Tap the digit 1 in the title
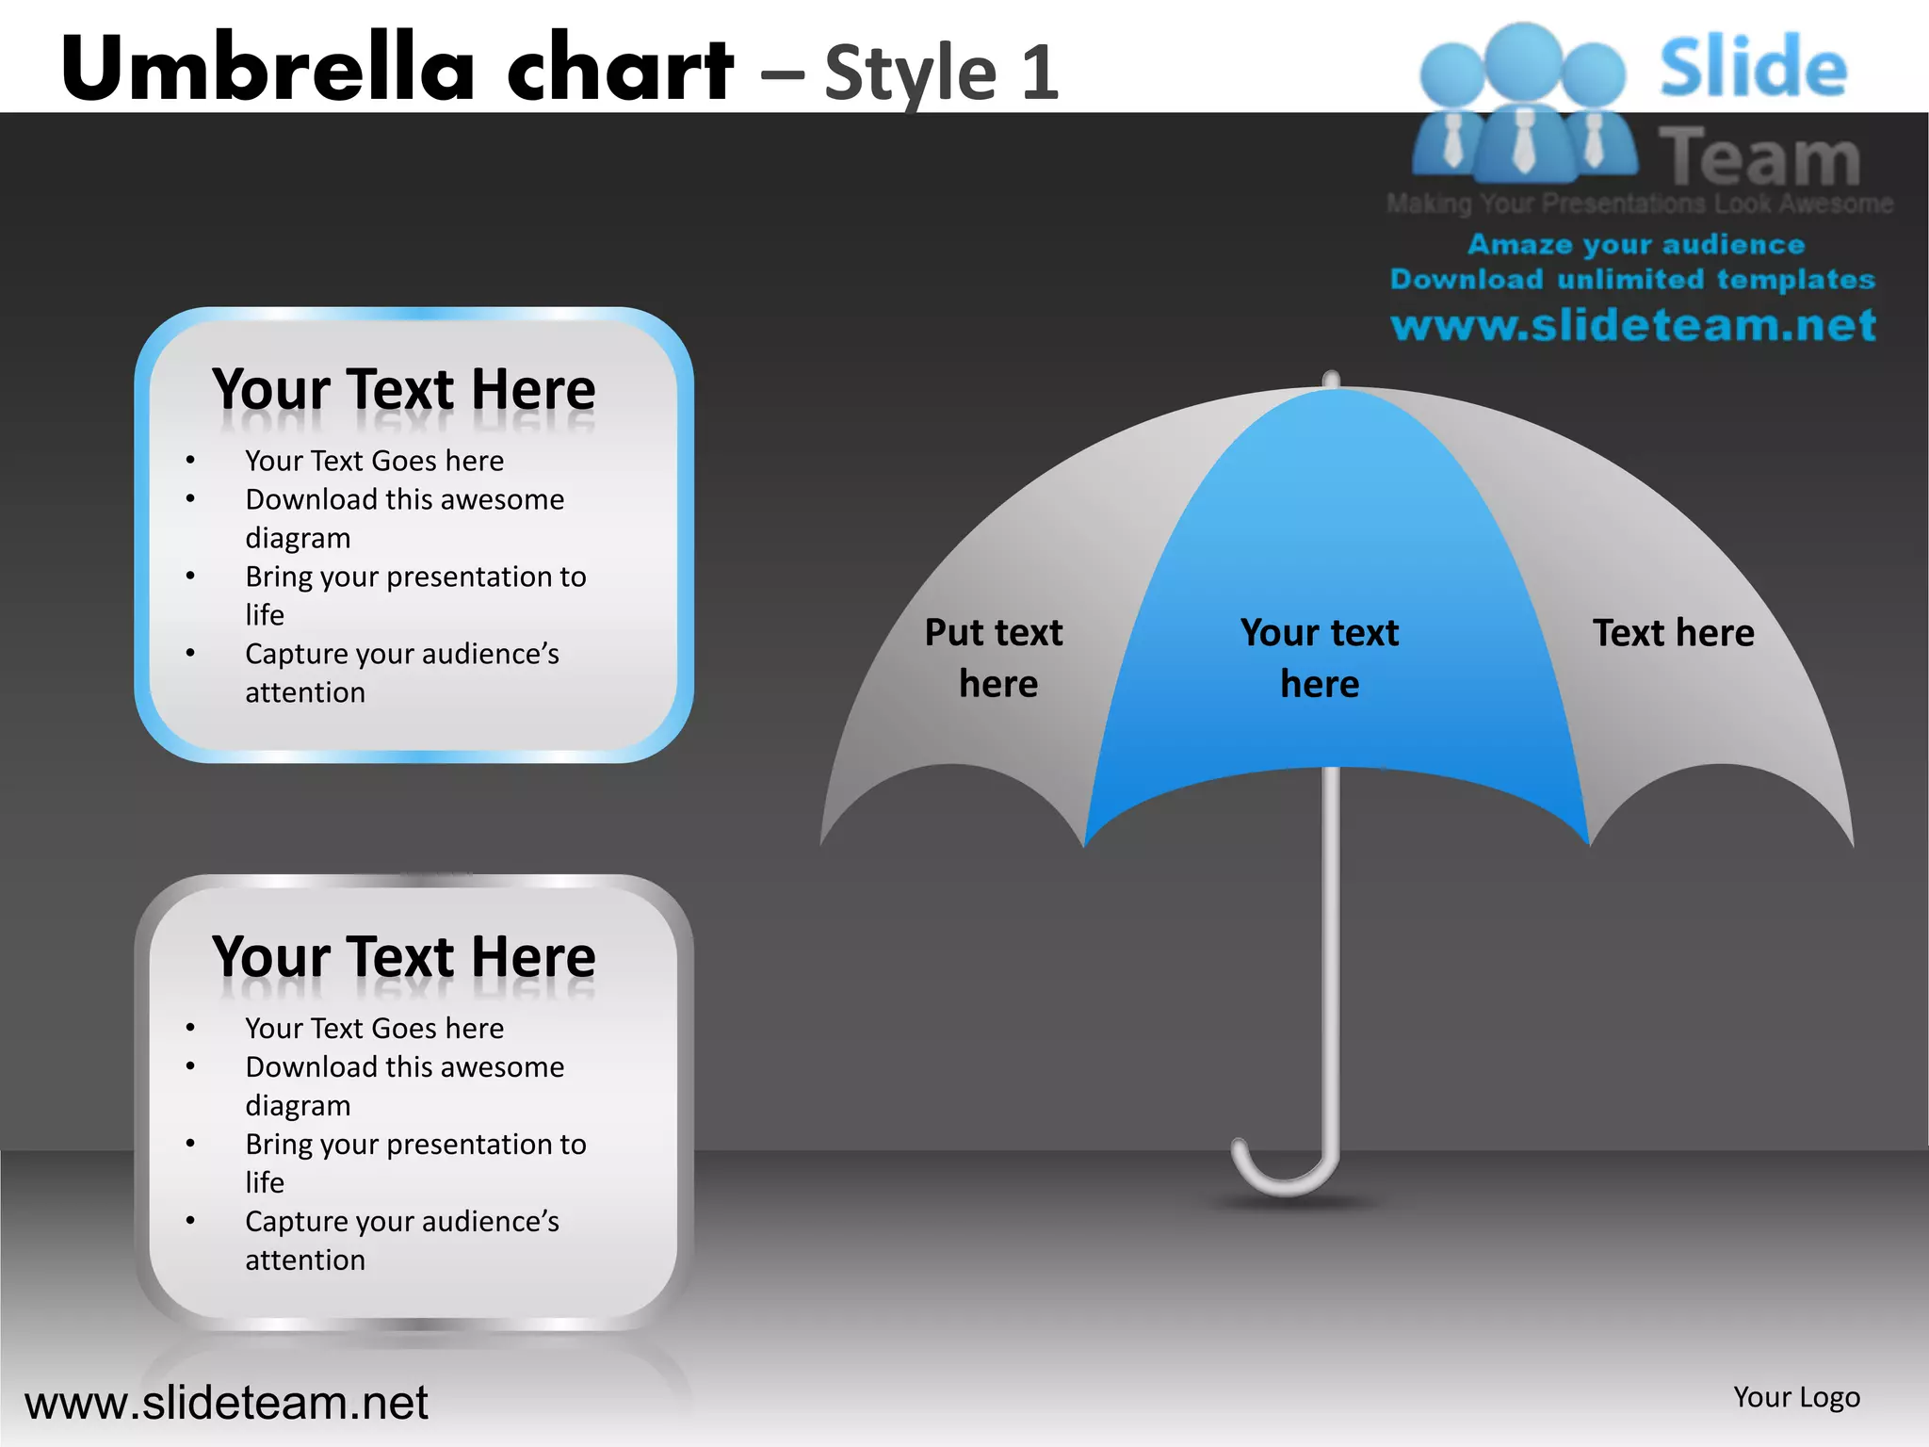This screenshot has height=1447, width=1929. coord(1039,73)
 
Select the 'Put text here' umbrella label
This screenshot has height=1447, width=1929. coord(995,658)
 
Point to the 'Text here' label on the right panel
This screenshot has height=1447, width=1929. coord(1673,633)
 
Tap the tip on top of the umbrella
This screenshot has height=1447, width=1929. coord(1331,379)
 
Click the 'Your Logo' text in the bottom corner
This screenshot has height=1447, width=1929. coord(1796,1397)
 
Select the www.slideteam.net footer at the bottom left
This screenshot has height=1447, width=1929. coord(226,1403)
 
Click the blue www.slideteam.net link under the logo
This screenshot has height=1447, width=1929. coord(1633,326)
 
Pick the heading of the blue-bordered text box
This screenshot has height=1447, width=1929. coord(404,389)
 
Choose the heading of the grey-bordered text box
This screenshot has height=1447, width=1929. coord(404,957)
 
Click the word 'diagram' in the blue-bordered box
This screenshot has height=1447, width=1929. coord(298,538)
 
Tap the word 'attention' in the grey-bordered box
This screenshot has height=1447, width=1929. coord(305,1260)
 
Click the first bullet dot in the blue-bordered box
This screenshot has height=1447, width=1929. coord(190,461)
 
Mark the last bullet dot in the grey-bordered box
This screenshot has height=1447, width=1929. coord(190,1222)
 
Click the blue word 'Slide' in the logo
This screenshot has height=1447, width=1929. coord(1753,68)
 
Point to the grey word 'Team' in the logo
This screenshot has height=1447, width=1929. coord(1759,157)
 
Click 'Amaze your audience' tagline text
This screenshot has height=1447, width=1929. coord(1636,245)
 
